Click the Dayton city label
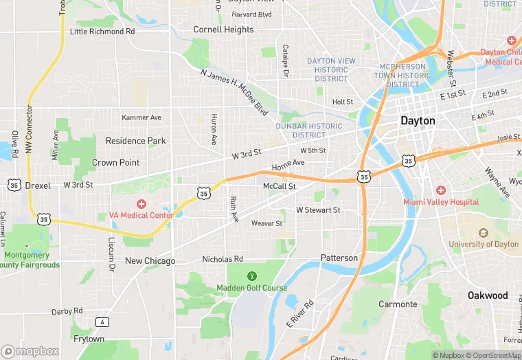coord(418,120)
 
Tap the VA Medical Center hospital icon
coord(141,203)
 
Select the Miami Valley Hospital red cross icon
coord(440,190)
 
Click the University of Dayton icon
coord(483,233)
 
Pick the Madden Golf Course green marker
coord(251,276)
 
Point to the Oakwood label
coord(488,295)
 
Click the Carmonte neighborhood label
coord(398,304)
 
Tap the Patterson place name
coord(339,258)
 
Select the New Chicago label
coord(150,261)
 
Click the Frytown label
coord(89,339)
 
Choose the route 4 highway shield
coord(102,322)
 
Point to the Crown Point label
coord(115,163)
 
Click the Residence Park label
coord(135,141)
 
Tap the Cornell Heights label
coord(223,30)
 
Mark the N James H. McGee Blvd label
coord(234,91)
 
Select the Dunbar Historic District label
coord(308,131)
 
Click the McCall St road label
coord(280,186)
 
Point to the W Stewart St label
coord(318,210)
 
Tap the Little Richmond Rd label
coord(102,32)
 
